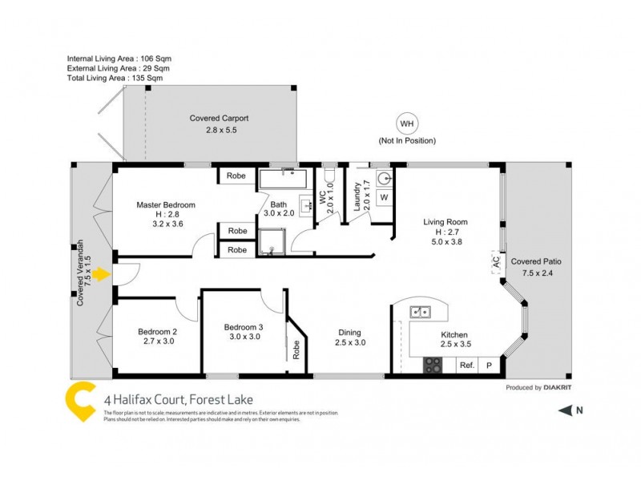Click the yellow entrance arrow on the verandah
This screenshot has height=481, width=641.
[x=100, y=276]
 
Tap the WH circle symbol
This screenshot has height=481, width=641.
[x=407, y=123]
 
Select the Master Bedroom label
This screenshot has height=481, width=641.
[x=166, y=204]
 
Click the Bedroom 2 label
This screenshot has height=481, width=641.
[x=157, y=332]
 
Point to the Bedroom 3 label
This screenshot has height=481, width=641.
[x=244, y=327]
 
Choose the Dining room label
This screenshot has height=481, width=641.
[x=349, y=333]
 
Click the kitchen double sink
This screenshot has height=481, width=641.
[x=422, y=312]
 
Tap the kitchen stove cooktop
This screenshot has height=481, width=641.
[x=433, y=365]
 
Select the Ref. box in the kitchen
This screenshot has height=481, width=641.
[x=467, y=366]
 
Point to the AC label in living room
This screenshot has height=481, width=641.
[x=496, y=261]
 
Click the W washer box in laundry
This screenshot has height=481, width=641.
[x=384, y=196]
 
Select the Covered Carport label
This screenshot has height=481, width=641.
[x=213, y=118]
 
